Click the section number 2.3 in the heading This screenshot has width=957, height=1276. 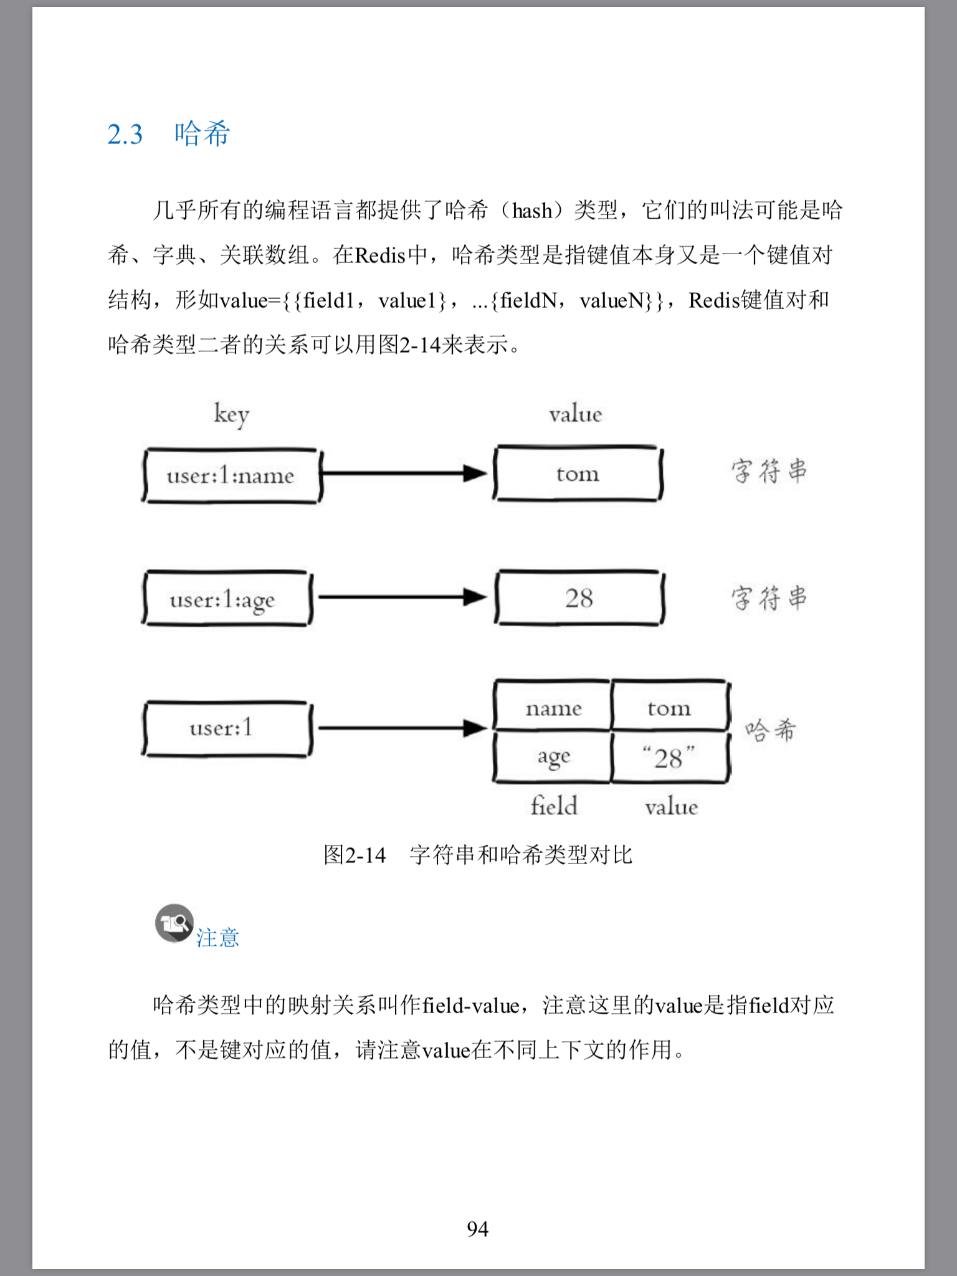pyautogui.click(x=125, y=135)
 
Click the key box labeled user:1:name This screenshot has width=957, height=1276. pyautogui.click(x=231, y=476)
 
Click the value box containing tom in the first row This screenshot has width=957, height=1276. pyautogui.click(x=578, y=474)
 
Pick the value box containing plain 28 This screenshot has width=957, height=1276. pyautogui.click(x=579, y=598)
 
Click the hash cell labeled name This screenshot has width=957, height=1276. pyautogui.click(x=553, y=708)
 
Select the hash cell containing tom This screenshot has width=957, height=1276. pyautogui.click(x=669, y=708)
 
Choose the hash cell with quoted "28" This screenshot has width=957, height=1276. pyautogui.click(x=669, y=758)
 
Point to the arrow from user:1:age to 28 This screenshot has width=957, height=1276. pyautogui.click(x=402, y=598)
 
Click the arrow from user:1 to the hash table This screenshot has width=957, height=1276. pyautogui.click(x=402, y=727)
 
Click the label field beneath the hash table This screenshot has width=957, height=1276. pyautogui.click(x=554, y=806)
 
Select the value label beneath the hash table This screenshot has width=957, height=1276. pyautogui.click(x=671, y=807)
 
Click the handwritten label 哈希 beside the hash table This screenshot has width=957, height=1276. pyautogui.click(x=771, y=730)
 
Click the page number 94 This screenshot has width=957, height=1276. pyautogui.click(x=478, y=1229)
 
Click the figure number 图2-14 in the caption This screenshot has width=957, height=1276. pyautogui.click(x=355, y=855)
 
